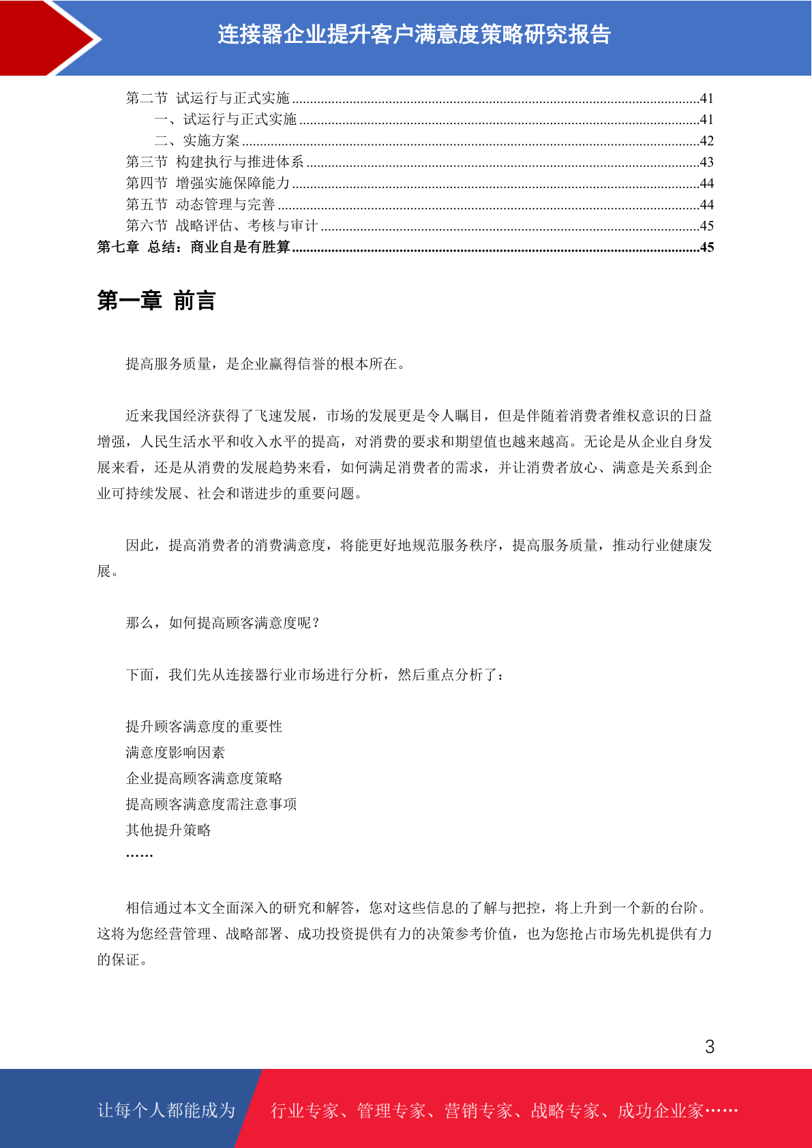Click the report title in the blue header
(x=414, y=34)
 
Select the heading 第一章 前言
(x=156, y=301)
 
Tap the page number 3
(x=710, y=1047)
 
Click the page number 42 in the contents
(x=707, y=141)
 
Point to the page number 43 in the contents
(x=707, y=162)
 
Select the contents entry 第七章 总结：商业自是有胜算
(x=194, y=247)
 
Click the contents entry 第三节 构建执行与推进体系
(x=215, y=162)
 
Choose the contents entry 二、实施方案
(x=197, y=141)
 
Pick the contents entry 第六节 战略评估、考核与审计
(x=222, y=226)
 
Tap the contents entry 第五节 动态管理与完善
(x=200, y=205)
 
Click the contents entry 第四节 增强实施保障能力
(x=208, y=183)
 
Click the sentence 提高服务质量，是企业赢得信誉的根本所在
(x=265, y=364)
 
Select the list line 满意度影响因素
(x=175, y=753)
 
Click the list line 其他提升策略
(x=168, y=830)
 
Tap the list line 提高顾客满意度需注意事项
(x=211, y=804)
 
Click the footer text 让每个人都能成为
(x=166, y=1111)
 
